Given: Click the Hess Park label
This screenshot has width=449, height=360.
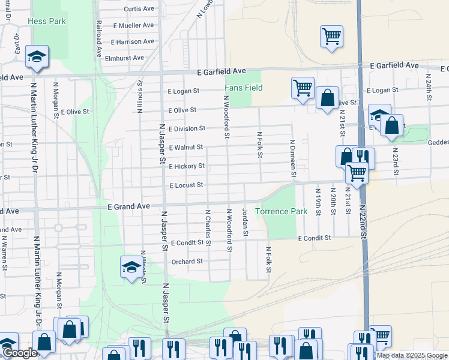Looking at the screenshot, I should [46, 21].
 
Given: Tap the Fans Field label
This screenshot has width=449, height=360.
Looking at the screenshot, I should [244, 88].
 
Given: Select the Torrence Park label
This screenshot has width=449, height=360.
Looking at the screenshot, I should [281, 211].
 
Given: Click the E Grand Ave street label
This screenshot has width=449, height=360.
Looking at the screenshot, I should [128, 206].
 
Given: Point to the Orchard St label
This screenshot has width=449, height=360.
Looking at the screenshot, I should [187, 262].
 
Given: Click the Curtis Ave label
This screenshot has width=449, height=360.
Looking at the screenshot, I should [139, 9].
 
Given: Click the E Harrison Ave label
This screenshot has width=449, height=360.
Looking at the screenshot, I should [133, 41].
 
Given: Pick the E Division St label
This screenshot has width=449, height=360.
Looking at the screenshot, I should [187, 128].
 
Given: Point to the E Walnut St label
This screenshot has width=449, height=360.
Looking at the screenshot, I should [186, 148].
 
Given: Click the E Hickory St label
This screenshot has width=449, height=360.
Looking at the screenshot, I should [187, 166].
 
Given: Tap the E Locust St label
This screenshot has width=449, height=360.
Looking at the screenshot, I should [186, 185].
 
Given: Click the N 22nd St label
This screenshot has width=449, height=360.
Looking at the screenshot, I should [363, 221].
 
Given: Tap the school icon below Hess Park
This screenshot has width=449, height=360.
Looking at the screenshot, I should [37, 56].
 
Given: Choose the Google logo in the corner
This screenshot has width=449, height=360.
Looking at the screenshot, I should [20, 353].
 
